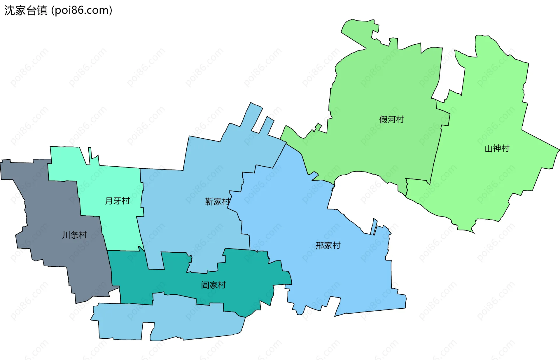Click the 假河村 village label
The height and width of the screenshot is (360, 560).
(x=391, y=119)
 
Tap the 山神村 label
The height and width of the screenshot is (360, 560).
(x=497, y=148)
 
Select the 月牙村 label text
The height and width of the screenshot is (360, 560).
(x=117, y=201)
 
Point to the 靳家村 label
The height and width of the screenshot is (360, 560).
(x=218, y=201)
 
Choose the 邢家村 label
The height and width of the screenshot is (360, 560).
(x=328, y=245)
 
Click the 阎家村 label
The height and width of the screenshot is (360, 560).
(x=213, y=285)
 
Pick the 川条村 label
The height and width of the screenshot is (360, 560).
(x=75, y=235)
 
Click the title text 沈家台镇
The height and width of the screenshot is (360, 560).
(x=26, y=11)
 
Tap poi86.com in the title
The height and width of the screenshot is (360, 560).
(x=82, y=11)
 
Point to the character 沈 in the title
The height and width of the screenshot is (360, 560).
(x=10, y=11)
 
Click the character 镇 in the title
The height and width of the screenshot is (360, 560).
(x=42, y=11)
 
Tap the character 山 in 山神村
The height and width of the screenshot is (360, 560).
(x=489, y=148)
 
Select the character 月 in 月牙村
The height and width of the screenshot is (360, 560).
(x=109, y=201)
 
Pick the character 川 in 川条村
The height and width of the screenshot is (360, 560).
(x=66, y=235)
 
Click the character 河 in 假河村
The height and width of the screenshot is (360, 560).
(x=391, y=119)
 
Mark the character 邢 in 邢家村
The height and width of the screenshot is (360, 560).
(x=320, y=245)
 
